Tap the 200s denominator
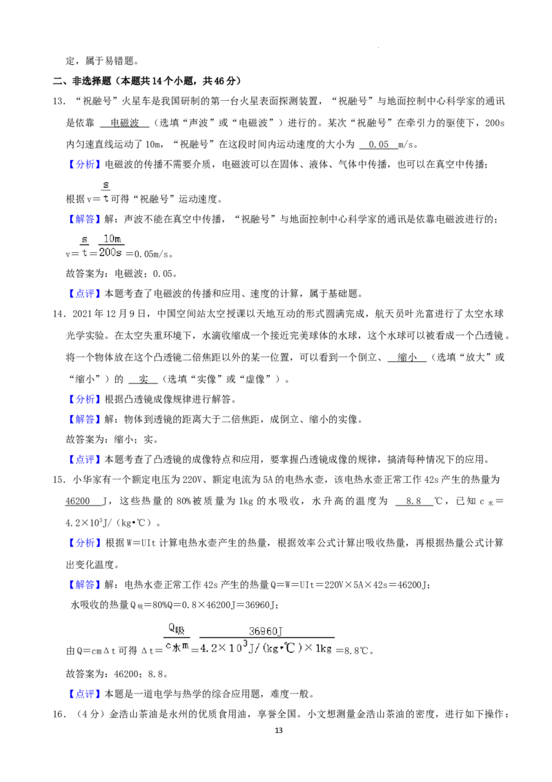(x=110, y=253)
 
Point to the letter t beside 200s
(x=85, y=253)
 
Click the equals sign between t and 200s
(x=93, y=254)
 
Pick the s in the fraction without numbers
(x=106, y=184)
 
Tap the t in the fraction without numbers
(x=106, y=198)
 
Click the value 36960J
(x=267, y=631)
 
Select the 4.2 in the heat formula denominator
(x=208, y=649)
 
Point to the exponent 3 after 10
(x=244, y=644)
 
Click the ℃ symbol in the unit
(x=290, y=649)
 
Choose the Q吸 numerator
(x=176, y=629)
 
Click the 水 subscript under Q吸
(x=176, y=647)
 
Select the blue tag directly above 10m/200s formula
(x=85, y=219)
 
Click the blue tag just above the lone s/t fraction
(x=85, y=164)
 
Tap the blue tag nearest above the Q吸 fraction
(x=85, y=585)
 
